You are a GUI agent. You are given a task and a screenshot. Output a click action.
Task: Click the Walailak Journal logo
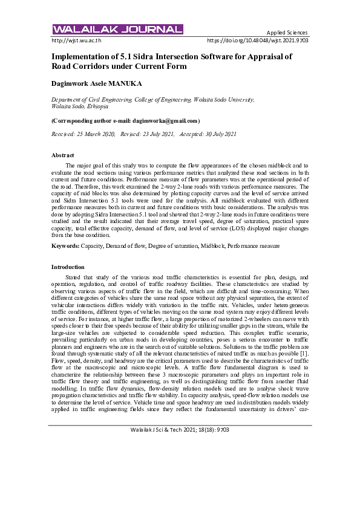[118, 29]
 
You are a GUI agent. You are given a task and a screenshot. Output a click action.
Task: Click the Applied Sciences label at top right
[287, 32]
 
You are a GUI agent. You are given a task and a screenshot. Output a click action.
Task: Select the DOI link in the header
[258, 41]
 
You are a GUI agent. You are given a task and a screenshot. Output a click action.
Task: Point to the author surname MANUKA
[127, 82]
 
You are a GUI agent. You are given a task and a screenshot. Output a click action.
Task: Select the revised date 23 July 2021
[157, 133]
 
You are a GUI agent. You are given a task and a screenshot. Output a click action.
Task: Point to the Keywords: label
[65, 246]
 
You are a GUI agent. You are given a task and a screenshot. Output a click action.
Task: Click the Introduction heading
[68, 267]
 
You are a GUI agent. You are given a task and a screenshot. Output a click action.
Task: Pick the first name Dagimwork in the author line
[74, 82]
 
